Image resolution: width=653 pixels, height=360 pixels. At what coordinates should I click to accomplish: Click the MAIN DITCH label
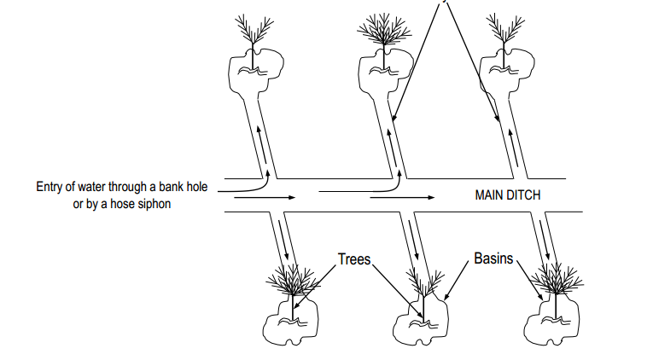[507, 195]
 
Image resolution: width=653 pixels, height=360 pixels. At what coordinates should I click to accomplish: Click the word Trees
[353, 258]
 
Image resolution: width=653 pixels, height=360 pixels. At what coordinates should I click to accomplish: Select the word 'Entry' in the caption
[50, 188]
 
